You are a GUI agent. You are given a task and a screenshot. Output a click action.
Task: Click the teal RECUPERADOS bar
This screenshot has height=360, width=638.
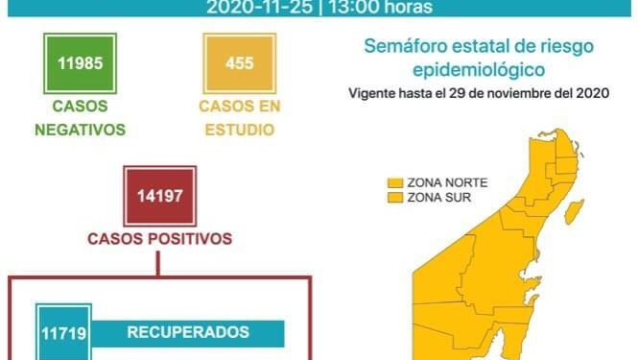188,333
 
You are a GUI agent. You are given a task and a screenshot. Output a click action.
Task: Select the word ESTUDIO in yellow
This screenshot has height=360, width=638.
239,128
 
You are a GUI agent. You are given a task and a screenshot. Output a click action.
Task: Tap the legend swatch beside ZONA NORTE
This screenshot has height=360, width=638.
393,183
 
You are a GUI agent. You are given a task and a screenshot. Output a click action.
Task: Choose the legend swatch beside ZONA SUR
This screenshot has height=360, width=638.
393,198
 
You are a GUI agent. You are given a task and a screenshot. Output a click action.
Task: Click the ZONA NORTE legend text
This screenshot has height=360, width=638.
445,183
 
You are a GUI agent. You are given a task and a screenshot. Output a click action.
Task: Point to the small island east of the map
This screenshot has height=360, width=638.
577,209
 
